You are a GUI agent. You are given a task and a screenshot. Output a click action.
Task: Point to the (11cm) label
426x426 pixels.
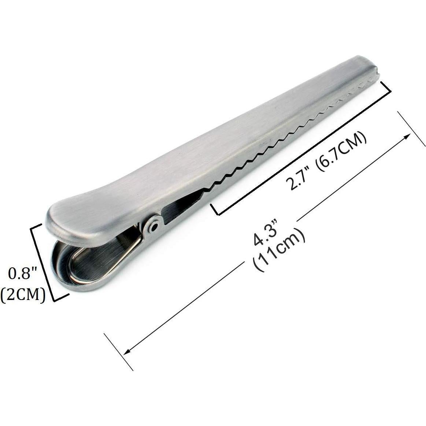(279, 249)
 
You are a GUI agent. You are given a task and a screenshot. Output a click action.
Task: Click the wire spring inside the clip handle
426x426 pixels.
(121, 256)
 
